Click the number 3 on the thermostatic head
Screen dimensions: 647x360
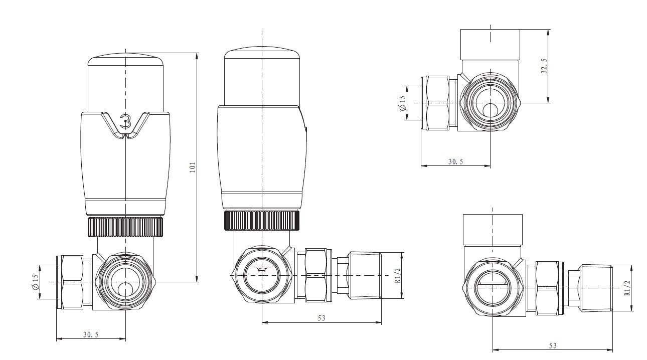tap(125, 122)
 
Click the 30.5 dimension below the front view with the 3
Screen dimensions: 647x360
tap(91, 335)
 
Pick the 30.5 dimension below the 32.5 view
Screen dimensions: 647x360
tap(455, 161)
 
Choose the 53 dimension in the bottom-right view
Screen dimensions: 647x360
tap(553, 345)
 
